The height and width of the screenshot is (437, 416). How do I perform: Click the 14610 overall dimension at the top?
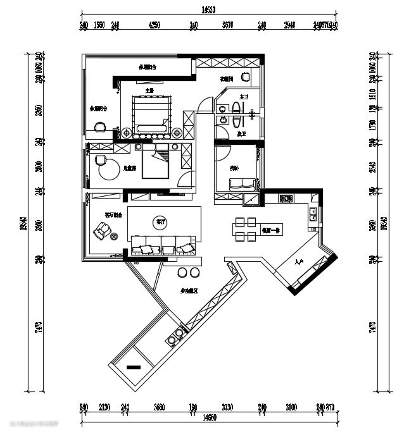[209, 9]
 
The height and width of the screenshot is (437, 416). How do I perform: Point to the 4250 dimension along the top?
[154, 25]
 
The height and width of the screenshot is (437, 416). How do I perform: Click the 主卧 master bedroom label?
[149, 90]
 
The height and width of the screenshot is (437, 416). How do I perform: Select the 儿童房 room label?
[130, 169]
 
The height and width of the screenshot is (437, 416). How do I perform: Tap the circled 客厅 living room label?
[160, 222]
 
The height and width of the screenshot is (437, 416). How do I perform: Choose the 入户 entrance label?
[299, 261]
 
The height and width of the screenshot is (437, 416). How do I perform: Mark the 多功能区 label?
[189, 291]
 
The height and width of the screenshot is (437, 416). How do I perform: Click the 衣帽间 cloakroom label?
[227, 80]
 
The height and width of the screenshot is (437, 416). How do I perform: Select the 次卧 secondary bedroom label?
[234, 168]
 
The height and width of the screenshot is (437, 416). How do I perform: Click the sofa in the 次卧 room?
[242, 184]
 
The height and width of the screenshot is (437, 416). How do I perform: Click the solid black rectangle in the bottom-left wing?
[134, 367]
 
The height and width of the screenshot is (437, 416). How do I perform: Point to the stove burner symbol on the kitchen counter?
[286, 199]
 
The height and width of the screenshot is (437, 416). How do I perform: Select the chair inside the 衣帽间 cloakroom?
[244, 77]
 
